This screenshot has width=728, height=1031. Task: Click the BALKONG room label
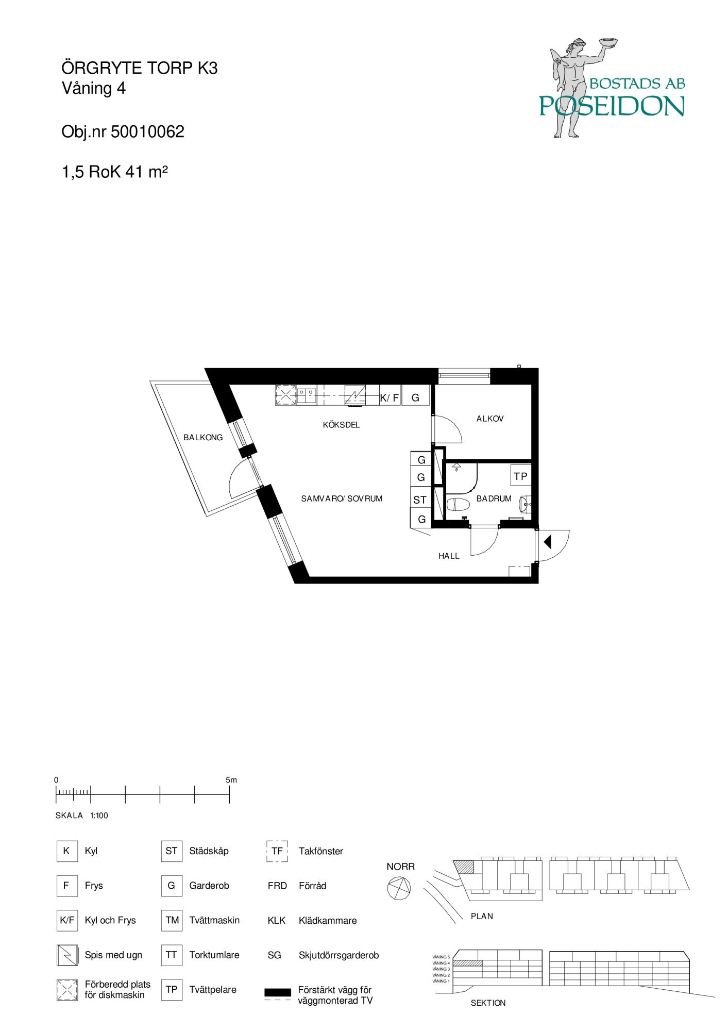tap(203, 438)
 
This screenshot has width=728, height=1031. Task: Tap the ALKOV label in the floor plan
tap(490, 419)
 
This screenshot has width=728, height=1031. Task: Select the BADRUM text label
tap(494, 498)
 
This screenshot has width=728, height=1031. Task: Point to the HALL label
tap(449, 556)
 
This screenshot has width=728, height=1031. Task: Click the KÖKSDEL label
tap(341, 425)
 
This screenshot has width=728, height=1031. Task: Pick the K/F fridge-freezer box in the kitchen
tap(390, 397)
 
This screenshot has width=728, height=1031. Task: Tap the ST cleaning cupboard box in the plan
tap(420, 500)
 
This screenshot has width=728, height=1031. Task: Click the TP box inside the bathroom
tap(520, 476)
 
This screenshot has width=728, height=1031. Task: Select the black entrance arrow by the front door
tap(548, 542)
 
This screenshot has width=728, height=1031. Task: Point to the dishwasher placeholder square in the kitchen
tap(285, 395)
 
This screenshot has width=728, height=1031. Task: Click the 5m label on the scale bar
tap(231, 780)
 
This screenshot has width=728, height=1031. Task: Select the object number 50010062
tap(147, 132)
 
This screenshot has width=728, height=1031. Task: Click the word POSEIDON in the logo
tap(612, 106)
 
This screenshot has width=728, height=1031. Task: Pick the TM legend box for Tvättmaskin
tap(172, 920)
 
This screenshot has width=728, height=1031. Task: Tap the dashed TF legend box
tap(277, 851)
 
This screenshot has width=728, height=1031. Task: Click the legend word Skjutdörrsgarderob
tap(338, 955)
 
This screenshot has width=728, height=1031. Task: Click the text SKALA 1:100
tap(81, 816)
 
